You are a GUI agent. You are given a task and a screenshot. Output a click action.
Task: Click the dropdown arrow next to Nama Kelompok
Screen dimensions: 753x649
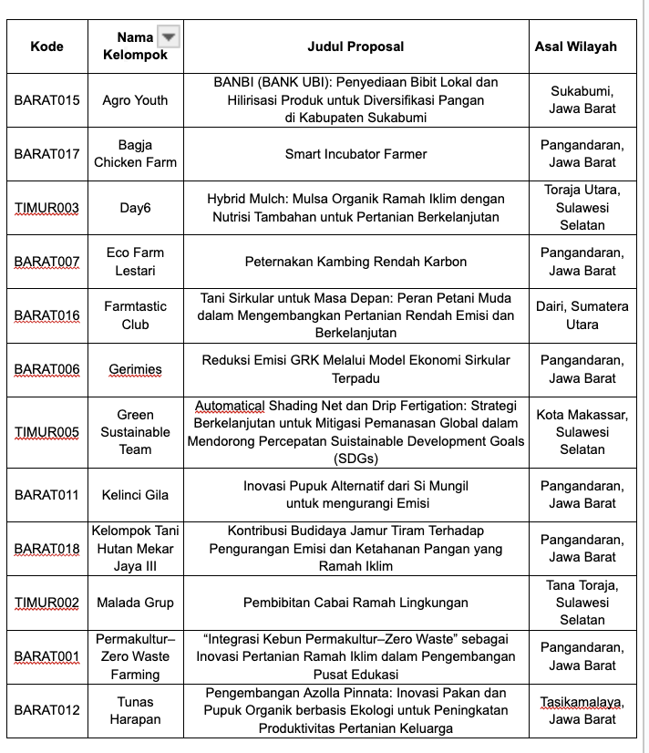(x=168, y=36)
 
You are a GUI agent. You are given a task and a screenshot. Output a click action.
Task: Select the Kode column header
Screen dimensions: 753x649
(x=47, y=46)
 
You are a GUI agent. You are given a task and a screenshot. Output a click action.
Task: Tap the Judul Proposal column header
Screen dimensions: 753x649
(x=355, y=46)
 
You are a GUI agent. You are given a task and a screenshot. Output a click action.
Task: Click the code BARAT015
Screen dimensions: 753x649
(x=47, y=100)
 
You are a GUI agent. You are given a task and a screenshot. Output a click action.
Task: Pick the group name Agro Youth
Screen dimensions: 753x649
(x=135, y=100)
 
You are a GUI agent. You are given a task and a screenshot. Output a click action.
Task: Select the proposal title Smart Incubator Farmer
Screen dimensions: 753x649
(x=355, y=154)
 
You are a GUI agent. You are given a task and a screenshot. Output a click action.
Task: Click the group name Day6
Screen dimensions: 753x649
(x=135, y=208)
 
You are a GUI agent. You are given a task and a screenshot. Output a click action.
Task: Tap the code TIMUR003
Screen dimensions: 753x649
(x=47, y=208)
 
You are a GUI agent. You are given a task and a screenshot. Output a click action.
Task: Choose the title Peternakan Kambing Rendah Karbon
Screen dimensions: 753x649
(x=355, y=262)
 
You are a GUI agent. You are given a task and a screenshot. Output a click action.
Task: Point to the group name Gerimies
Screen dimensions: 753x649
(x=135, y=369)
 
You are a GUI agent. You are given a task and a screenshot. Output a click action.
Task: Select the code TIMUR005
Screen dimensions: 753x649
(x=47, y=432)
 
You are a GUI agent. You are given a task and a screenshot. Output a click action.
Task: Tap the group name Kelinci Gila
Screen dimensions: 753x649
(x=135, y=495)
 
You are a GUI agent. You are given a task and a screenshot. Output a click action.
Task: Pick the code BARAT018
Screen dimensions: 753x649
(x=47, y=549)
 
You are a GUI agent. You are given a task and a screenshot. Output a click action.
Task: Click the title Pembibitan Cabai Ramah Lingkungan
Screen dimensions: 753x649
(x=355, y=603)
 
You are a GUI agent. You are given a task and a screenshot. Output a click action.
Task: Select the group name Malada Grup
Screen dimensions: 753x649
(x=135, y=603)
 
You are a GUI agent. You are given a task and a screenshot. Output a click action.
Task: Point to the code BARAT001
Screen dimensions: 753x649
(x=47, y=656)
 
